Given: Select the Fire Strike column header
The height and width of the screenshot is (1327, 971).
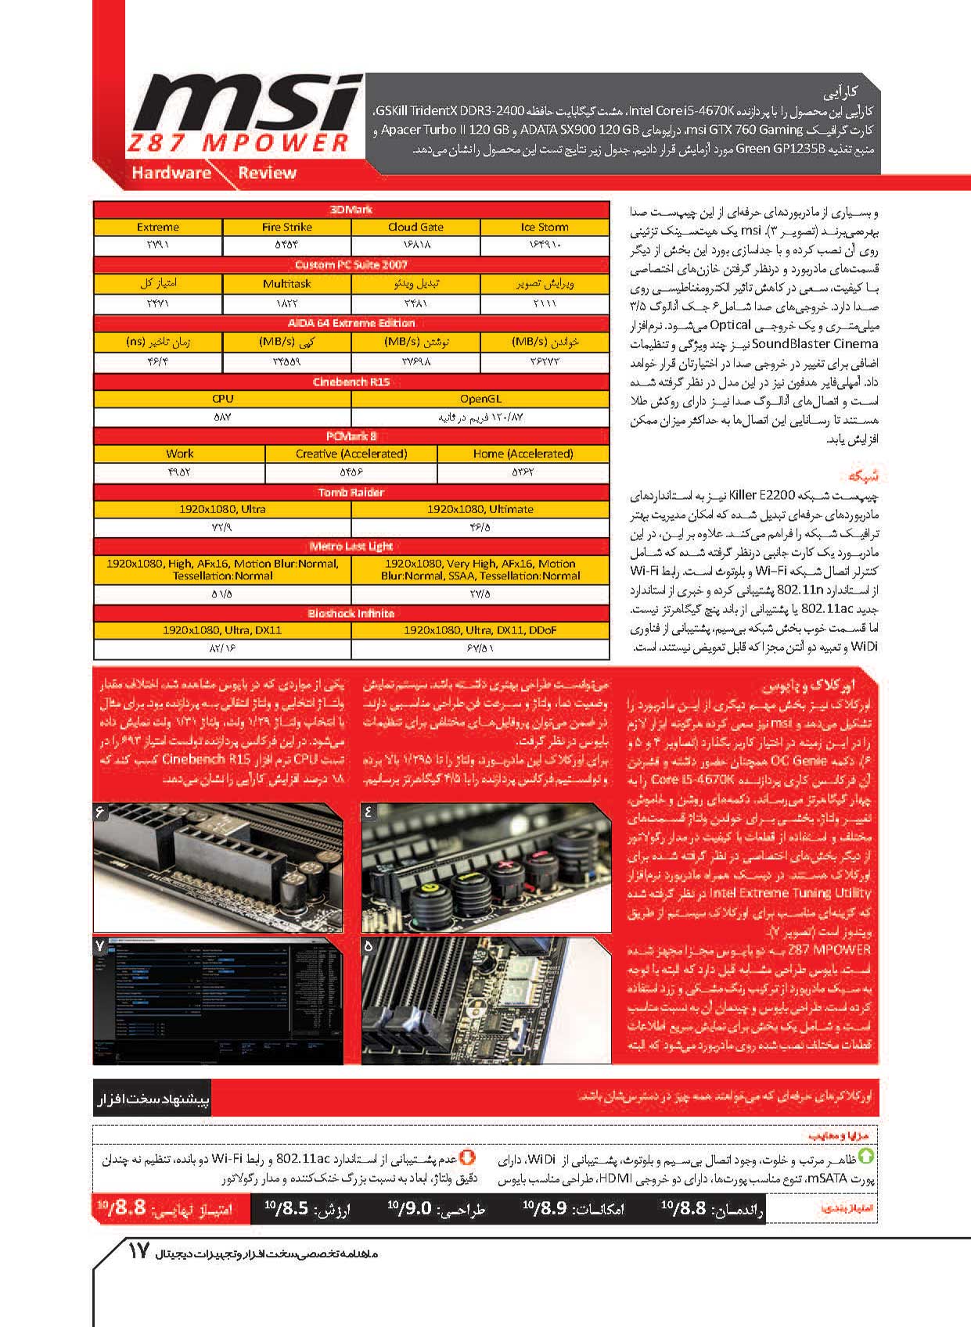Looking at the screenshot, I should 286,227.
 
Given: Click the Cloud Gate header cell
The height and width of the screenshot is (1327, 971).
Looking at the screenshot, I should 415,227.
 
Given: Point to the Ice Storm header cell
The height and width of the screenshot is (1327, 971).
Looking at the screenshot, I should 544,227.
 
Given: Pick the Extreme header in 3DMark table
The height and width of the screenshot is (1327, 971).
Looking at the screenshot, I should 157,227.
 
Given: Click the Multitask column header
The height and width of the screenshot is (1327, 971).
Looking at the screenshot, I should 286,284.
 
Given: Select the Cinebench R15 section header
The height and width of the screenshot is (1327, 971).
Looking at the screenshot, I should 351,382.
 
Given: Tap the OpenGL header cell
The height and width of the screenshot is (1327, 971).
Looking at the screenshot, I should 480,398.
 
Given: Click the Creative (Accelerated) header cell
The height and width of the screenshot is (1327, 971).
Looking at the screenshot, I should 351,454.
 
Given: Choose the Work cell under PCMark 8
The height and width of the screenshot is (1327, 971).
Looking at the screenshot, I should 179,454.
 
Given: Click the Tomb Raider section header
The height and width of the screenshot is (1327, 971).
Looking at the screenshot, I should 351,492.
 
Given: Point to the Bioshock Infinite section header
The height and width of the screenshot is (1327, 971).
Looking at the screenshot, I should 351,613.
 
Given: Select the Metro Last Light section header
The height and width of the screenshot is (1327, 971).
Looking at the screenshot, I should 351,546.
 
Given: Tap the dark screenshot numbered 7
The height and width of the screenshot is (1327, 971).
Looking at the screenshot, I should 218,1000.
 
